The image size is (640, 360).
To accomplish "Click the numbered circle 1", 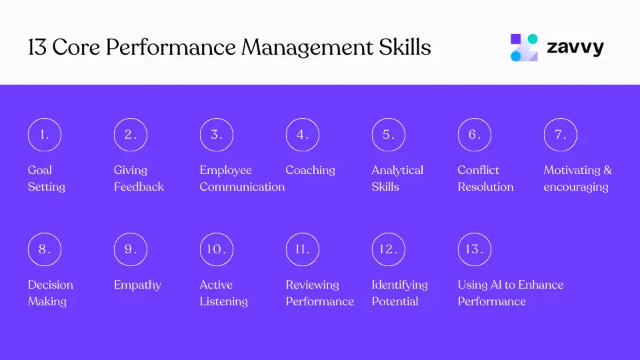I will (x=44, y=135).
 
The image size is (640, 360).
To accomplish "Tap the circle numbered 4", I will (x=302, y=135).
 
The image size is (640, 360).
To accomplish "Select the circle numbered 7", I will (x=560, y=135).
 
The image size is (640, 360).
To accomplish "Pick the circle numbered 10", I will (x=216, y=249).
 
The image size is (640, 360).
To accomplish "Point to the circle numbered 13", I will (x=474, y=249).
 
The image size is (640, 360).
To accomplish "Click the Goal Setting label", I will (x=46, y=178).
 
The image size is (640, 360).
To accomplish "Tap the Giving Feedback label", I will (x=138, y=178).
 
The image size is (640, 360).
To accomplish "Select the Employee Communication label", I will (x=241, y=178).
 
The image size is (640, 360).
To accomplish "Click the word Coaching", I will (x=310, y=170).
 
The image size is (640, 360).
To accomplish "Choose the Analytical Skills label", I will (x=397, y=178).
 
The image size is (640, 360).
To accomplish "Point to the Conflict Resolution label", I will (x=485, y=178).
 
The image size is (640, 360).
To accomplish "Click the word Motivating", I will (x=572, y=170).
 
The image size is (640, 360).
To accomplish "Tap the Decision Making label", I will (x=50, y=293).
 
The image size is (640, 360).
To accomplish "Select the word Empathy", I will (x=137, y=285).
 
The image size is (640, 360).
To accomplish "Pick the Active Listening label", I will (x=223, y=293).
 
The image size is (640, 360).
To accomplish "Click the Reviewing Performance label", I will (x=319, y=293).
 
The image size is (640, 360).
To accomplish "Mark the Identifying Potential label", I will (x=399, y=293).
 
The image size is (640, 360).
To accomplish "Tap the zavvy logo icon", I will (x=524, y=47).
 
